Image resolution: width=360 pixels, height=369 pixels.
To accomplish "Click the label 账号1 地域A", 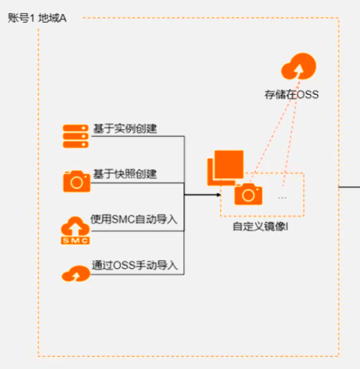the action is click(37, 18).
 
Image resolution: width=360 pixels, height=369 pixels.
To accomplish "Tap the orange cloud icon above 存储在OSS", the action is click(299, 66).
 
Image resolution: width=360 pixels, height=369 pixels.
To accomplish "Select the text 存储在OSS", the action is click(291, 95).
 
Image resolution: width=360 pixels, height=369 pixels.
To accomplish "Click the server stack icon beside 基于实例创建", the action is click(75, 136).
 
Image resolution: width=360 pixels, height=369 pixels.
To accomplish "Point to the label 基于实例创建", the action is click(125, 129).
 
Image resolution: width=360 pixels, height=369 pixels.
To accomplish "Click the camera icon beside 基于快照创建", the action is click(77, 181).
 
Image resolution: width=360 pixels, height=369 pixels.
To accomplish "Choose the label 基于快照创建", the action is click(125, 174).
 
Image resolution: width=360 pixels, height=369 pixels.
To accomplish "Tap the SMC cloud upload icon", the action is click(75, 230).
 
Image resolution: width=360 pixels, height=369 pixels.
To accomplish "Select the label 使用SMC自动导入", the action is click(134, 219).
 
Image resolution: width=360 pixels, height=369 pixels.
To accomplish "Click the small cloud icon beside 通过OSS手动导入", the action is click(76, 274).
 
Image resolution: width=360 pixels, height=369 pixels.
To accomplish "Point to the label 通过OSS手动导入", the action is click(135, 265).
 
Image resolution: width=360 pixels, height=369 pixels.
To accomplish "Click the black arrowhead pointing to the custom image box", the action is click(219, 195).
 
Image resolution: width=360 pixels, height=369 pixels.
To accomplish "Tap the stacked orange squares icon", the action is click(225, 168).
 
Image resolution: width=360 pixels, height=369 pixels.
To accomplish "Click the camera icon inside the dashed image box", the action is click(249, 194).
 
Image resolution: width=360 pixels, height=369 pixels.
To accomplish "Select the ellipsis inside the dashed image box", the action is click(282, 198).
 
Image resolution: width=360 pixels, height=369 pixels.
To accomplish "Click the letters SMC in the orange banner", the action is click(75, 240).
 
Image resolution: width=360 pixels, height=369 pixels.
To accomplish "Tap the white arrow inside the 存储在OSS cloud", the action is click(299, 71).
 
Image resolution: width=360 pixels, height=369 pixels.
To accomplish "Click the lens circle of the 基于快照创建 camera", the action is click(77, 182).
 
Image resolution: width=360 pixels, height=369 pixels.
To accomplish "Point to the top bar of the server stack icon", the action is click(75, 128).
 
